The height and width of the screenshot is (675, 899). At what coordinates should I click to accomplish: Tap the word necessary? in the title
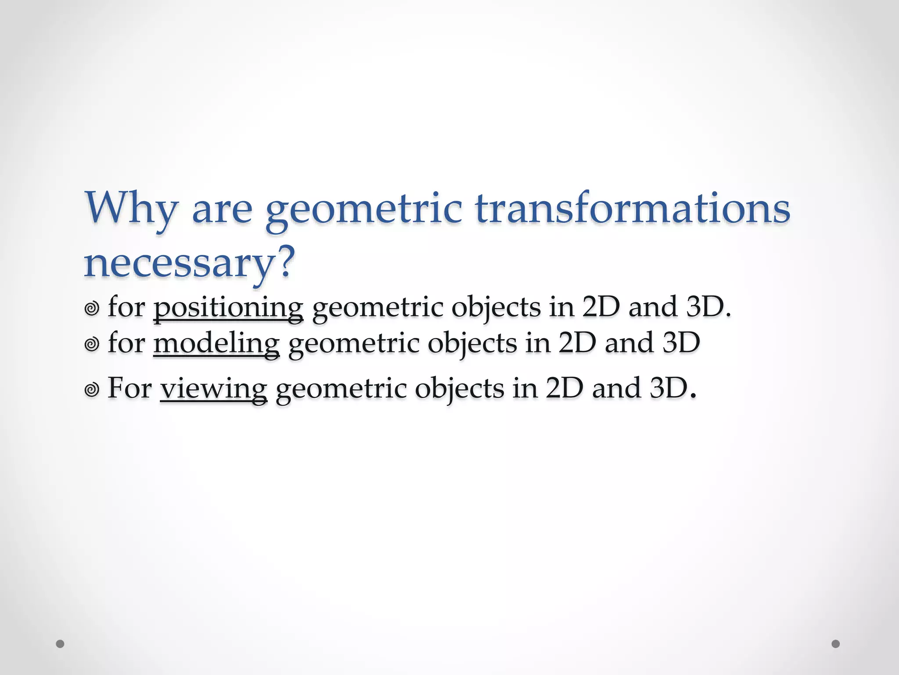tap(189, 263)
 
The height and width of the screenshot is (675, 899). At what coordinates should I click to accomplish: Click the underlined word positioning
tap(228, 308)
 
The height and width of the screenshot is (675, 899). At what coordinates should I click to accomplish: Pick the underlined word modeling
tap(216, 344)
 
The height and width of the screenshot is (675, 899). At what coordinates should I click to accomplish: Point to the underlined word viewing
tap(213, 389)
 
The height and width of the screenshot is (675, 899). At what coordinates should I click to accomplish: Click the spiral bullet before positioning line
tap(91, 308)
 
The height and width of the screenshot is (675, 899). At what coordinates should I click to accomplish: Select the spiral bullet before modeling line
tap(91, 345)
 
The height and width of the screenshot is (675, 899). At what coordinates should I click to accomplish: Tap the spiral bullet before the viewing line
tap(91, 389)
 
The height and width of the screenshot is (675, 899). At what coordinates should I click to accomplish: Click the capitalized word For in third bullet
tap(129, 388)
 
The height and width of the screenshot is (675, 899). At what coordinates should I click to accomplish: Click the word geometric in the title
tap(364, 209)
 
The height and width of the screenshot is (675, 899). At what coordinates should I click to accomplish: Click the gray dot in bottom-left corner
tap(60, 644)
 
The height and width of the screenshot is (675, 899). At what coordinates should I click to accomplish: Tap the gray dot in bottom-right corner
tap(835, 644)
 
